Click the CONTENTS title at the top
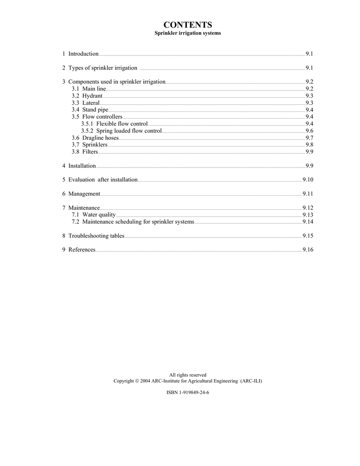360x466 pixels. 188,25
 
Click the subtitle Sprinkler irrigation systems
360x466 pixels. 188,34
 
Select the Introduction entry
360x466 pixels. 83,54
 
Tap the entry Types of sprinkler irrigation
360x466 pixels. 102,68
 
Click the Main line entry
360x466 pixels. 94,89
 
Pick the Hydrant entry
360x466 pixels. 92,96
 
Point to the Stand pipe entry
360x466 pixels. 95,110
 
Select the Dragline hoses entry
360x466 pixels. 100,137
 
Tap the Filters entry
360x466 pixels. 90,152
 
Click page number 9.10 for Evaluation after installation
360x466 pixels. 308,180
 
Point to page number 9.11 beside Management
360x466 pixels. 308,194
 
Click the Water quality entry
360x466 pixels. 99,215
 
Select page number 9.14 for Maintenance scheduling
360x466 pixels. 308,222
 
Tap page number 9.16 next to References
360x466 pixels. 308,250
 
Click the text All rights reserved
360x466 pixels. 188,375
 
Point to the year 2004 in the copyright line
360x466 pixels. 146,381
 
